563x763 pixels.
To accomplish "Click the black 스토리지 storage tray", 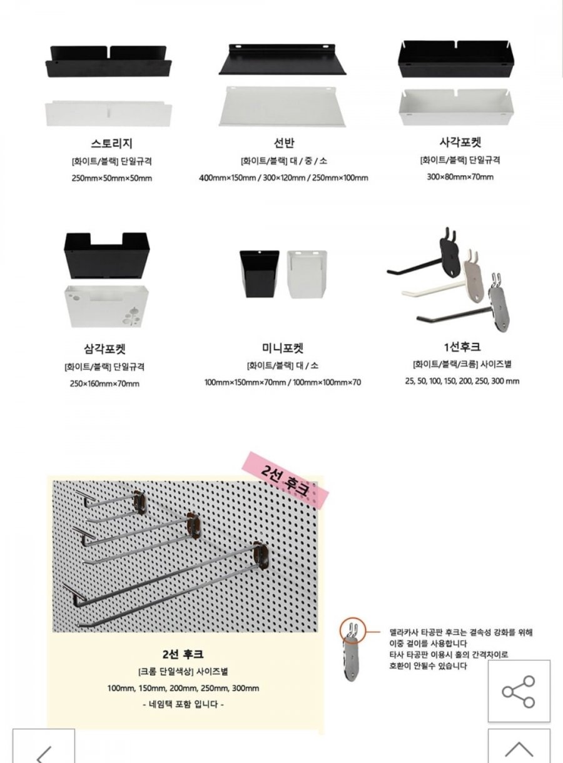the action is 109,62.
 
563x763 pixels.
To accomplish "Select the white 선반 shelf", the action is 282,106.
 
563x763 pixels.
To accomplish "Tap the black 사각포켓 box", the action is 456,59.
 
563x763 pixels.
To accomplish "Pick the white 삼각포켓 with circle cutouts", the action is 107,306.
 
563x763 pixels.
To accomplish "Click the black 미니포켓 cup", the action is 259,274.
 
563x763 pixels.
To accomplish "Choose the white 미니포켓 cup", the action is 307,274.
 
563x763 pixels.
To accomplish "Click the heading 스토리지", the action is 111,143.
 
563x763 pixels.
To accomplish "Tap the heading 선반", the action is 284,143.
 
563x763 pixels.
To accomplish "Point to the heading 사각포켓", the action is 460,142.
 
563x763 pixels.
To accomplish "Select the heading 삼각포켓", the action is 105,349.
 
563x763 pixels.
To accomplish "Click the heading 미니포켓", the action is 283,348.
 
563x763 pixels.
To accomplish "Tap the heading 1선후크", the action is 462,346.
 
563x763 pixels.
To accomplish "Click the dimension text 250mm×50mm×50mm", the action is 112,178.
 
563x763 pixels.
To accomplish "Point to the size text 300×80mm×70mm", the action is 460,177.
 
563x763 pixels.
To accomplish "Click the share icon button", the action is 519,692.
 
